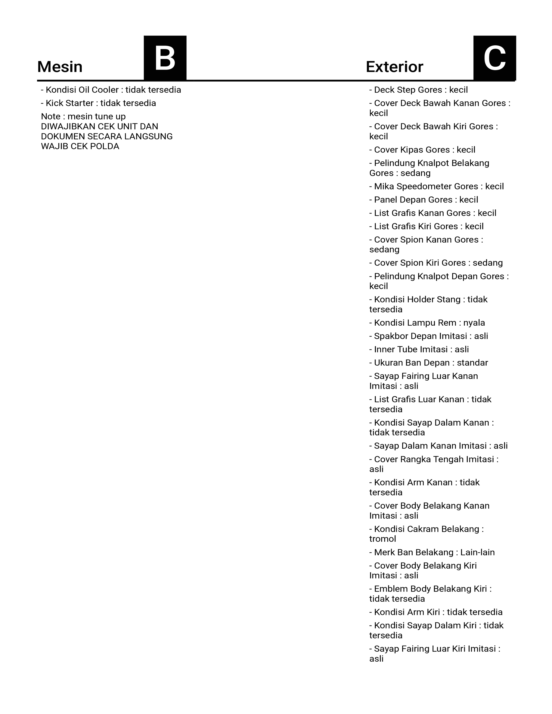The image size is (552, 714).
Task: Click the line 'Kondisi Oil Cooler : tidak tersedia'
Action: pos(111,90)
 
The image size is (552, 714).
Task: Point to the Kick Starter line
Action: pos(98,103)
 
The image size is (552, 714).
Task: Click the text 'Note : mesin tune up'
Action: pos(83,116)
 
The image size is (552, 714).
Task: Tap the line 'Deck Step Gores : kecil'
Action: pos(419,90)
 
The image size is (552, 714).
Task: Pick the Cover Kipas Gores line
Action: pos(422,150)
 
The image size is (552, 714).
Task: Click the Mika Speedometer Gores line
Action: pos(437,186)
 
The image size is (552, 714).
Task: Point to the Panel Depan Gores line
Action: pos(423,200)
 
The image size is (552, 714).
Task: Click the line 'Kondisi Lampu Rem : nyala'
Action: pos(427,323)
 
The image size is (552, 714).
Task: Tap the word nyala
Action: pos(474,323)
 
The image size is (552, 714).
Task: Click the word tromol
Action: pos(383,539)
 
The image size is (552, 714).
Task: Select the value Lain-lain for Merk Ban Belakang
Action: pos(478,552)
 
